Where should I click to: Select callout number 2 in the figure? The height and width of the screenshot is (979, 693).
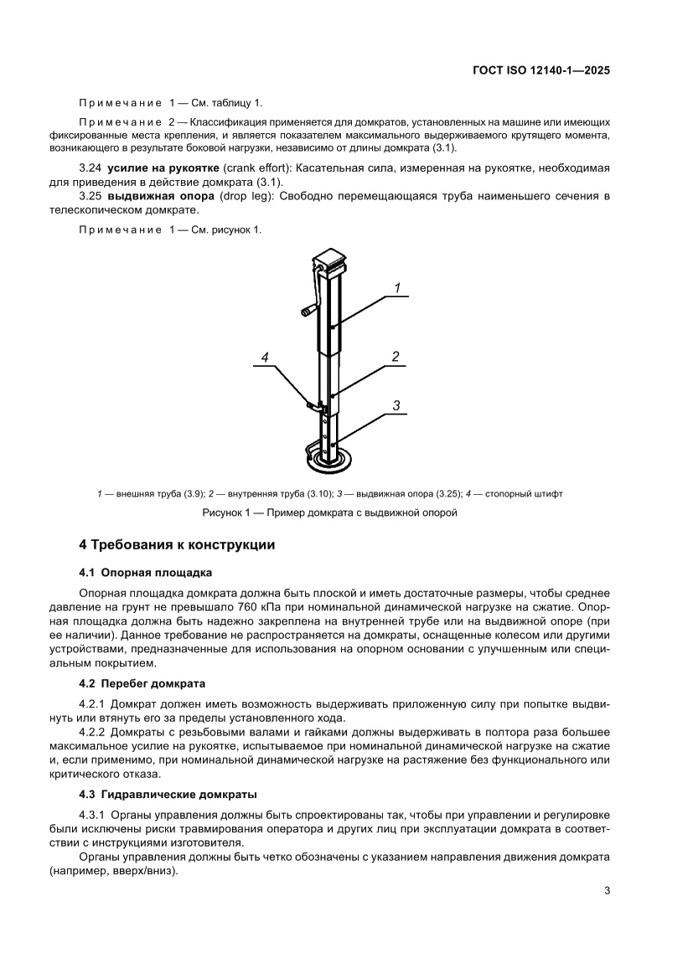tap(395, 356)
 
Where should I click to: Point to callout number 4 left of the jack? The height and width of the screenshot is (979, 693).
tap(264, 358)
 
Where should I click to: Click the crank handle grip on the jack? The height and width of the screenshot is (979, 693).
tap(307, 312)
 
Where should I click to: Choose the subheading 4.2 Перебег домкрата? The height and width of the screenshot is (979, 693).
tap(142, 683)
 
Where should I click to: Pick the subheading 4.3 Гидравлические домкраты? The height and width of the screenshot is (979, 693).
tap(168, 793)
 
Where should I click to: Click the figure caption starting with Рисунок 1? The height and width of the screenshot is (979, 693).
tap(329, 513)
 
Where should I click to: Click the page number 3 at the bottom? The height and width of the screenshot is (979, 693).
tap(606, 890)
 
